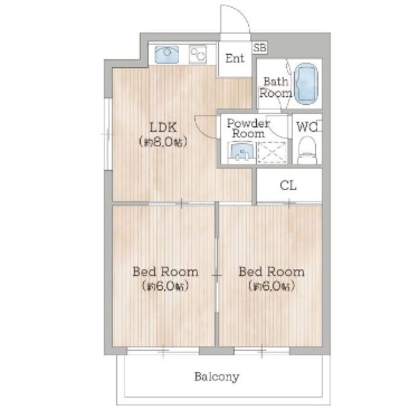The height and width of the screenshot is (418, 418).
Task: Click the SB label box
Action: coord(259,48)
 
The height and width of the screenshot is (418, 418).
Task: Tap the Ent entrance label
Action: coord(234,58)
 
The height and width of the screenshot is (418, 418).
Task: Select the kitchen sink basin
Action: coord(166,55)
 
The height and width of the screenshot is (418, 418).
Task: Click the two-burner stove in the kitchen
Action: coord(198,55)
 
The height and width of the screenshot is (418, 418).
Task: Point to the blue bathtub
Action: coord(306,83)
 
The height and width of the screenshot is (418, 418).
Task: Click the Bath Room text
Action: coord(275,87)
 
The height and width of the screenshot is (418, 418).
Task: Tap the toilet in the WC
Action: coord(307,151)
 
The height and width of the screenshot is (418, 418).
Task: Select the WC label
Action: coord(307,127)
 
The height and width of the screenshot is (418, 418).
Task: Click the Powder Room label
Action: coord(248,128)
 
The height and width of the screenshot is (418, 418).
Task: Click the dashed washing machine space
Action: coord(272,152)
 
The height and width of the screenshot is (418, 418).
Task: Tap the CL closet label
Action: coord(288,186)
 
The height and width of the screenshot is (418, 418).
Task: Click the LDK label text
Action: coord(163,127)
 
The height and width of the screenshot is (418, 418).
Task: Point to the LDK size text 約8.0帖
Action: coord(163,142)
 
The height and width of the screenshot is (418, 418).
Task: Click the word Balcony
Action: coord(216,377)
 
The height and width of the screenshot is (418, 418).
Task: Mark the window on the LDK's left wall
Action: coord(108,134)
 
